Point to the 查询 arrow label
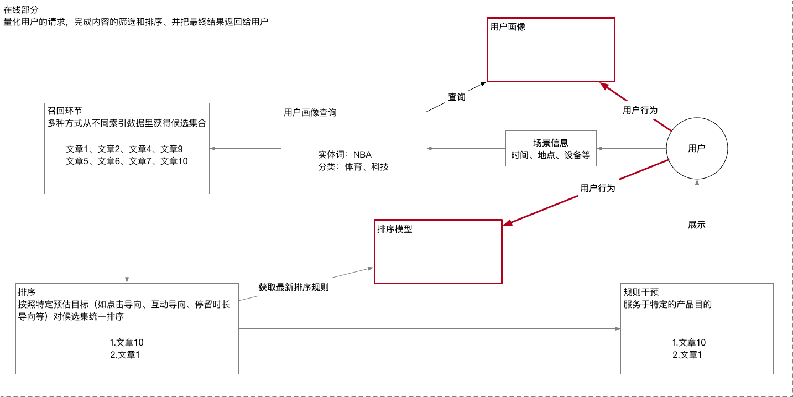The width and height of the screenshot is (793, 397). point(456,97)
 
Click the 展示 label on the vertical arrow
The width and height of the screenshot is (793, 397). point(697,224)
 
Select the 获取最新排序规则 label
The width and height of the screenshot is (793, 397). point(294,288)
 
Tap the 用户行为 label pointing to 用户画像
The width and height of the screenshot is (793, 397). point(640,111)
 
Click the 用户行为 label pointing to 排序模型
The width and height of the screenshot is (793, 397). point(598,188)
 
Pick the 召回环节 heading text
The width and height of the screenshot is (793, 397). point(65,111)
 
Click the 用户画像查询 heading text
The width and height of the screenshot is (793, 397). point(310,112)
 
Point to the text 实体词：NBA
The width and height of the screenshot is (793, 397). point(345,155)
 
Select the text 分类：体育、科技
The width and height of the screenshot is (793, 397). point(353,166)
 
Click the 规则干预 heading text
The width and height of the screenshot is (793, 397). point(641,292)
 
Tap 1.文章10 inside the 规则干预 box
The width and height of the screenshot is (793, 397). point(689,342)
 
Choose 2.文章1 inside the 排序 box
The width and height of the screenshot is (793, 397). point(125,354)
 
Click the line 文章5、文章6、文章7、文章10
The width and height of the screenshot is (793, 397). point(127,161)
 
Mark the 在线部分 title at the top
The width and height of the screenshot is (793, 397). point(21,10)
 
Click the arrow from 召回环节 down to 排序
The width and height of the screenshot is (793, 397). point(127,238)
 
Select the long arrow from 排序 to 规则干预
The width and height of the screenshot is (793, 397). point(430,328)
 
